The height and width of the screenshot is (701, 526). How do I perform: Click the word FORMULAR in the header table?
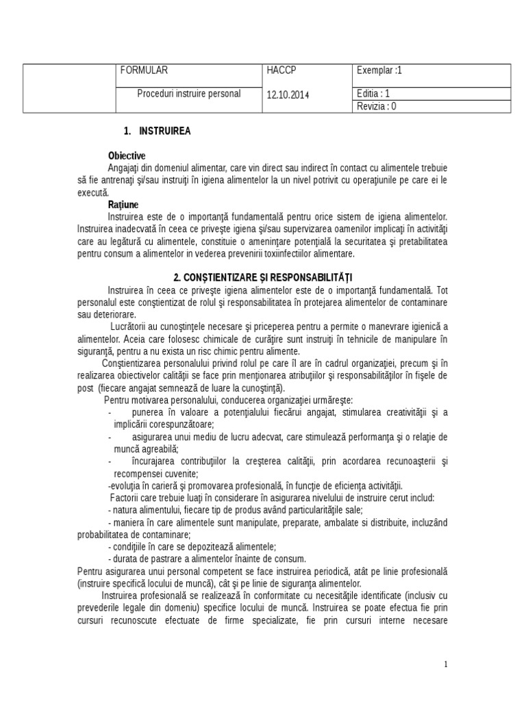(x=144, y=71)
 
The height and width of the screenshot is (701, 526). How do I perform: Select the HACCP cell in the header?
(x=282, y=71)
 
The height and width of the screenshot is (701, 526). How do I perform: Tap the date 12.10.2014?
(x=288, y=95)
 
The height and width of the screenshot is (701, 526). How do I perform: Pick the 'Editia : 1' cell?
(x=374, y=94)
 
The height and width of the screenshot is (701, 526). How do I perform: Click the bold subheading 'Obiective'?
(x=127, y=155)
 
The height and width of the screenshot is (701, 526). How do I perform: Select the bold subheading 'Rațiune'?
(x=123, y=205)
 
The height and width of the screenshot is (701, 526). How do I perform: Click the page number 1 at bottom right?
(x=445, y=663)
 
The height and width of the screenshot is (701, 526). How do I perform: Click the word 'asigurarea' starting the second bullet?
(x=153, y=437)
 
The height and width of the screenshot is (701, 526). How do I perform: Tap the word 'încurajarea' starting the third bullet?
(x=154, y=461)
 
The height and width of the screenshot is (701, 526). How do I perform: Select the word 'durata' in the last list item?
(x=125, y=559)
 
